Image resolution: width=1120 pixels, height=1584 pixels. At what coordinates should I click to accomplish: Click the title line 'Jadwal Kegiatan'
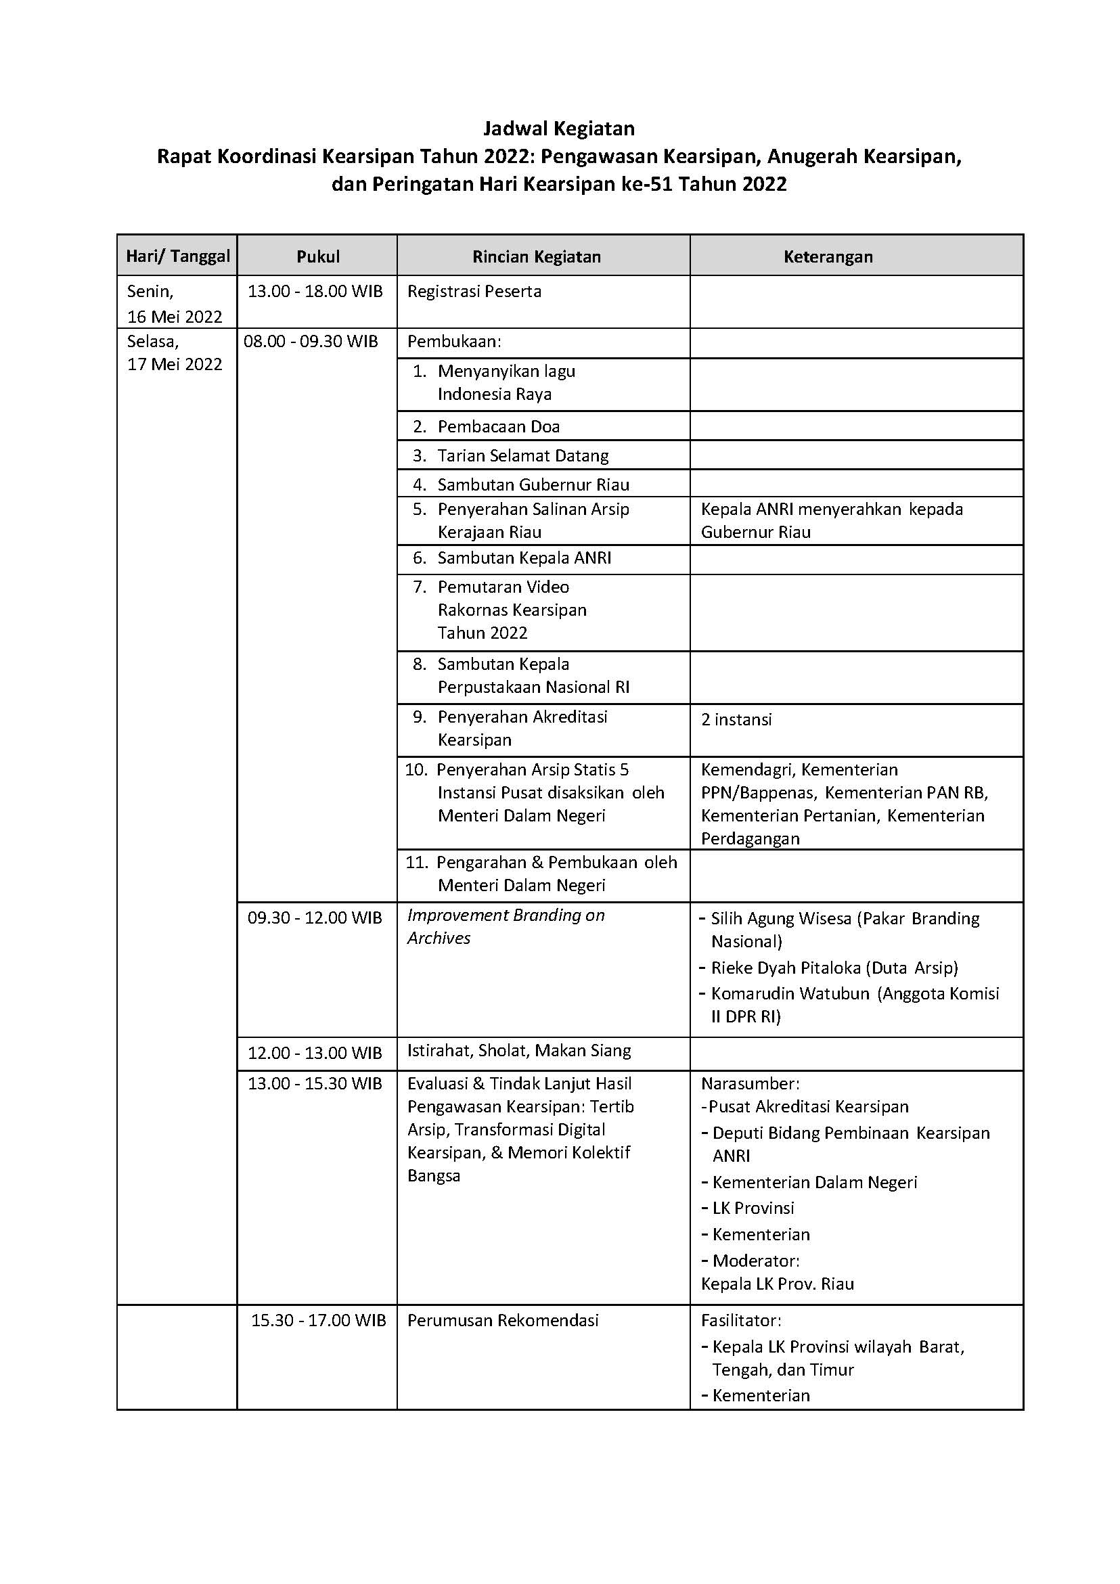558,129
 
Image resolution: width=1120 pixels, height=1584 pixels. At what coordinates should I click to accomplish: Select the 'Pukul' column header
318,256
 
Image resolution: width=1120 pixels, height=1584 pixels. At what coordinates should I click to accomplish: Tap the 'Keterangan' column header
828,256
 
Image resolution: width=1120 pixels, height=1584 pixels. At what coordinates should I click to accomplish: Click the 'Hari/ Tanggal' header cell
177,256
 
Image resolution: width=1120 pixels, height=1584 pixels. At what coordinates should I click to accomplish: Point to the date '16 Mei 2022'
175,317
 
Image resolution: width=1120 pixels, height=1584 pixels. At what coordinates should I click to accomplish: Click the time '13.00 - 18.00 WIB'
315,291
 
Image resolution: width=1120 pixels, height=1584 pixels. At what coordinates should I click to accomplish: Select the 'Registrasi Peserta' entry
474,291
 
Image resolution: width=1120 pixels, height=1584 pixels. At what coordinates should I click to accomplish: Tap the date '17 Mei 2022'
175,364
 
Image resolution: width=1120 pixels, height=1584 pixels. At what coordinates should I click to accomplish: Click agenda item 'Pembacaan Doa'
498,426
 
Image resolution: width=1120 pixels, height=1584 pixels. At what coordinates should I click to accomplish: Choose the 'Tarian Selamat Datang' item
522,455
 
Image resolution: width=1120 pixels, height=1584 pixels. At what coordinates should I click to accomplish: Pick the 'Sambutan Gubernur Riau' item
533,484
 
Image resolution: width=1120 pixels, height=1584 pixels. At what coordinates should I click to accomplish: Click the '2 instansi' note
736,719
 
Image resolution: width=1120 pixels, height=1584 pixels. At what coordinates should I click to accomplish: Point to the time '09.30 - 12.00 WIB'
315,918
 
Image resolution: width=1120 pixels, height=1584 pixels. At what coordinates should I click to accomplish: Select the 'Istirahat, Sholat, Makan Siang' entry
519,1051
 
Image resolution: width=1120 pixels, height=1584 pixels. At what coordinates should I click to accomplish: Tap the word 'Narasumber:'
749,1084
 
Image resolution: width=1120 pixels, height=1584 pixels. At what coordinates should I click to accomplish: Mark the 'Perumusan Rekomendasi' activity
503,1321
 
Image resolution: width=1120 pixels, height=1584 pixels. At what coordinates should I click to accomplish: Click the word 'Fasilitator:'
741,1321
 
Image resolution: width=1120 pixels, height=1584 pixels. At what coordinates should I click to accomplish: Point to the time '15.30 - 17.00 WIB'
318,1321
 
